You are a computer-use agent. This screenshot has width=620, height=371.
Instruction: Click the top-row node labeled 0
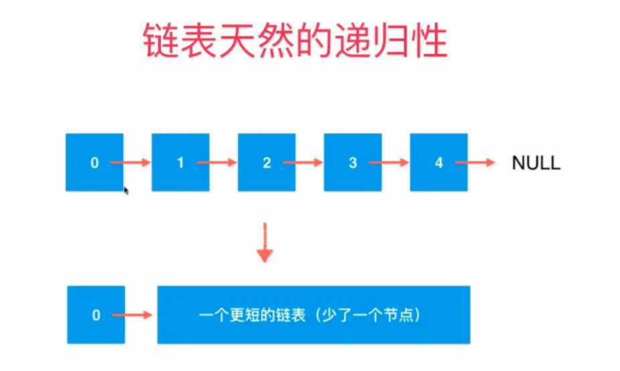tap(94, 162)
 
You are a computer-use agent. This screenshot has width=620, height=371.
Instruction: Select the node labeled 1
tap(180, 162)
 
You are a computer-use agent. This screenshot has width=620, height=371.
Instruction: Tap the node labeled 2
tap(266, 162)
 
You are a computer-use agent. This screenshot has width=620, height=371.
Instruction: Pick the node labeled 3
tap(352, 162)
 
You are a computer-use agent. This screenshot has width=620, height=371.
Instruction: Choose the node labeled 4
tap(439, 162)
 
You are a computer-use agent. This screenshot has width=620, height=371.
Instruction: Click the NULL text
tap(536, 163)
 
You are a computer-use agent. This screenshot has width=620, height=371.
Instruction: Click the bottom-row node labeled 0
tap(96, 314)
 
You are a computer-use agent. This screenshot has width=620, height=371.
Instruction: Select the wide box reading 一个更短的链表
tap(313, 314)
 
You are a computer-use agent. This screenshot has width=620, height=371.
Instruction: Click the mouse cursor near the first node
tap(126, 192)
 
